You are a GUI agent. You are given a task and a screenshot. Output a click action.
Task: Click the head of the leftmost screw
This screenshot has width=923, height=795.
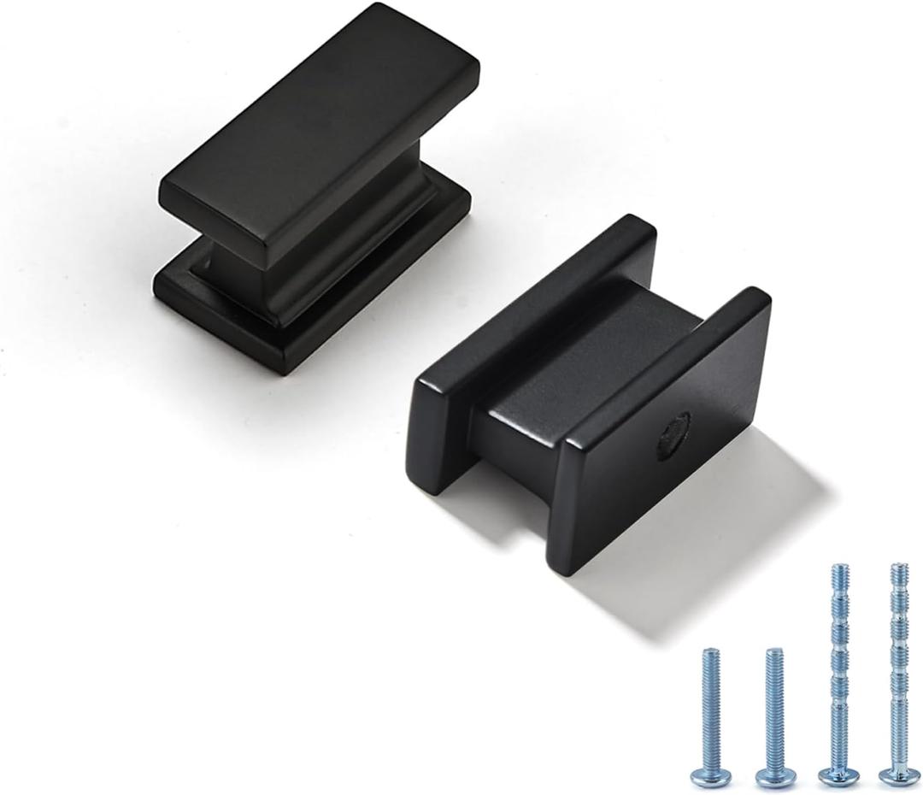711,776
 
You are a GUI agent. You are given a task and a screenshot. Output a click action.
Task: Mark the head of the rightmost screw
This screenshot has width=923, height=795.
898,776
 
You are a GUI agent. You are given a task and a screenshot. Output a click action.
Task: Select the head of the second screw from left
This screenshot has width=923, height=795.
775,776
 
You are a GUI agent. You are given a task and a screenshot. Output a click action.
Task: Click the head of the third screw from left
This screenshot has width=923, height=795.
838,776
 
